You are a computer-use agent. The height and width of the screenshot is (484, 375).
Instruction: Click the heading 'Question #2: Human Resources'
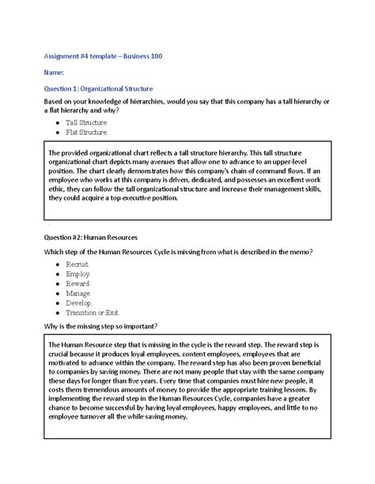[93, 236]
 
